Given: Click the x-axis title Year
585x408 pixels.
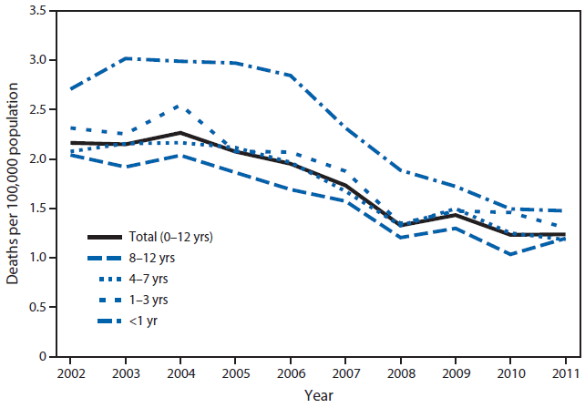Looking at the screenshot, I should tap(319, 395).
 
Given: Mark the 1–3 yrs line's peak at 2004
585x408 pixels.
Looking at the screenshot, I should tap(180, 106).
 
